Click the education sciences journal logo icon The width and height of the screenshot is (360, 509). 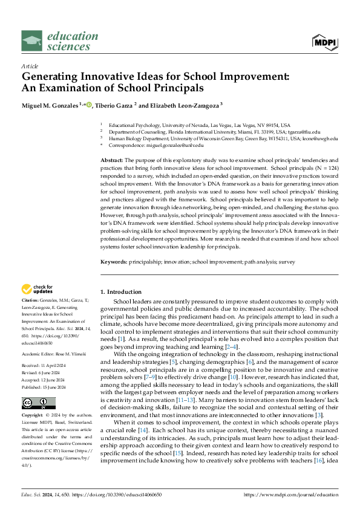(x=32, y=41)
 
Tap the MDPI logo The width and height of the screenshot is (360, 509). (x=324, y=41)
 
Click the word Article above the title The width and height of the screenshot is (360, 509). (x=30, y=66)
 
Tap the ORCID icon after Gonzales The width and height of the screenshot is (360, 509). (x=90, y=105)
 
